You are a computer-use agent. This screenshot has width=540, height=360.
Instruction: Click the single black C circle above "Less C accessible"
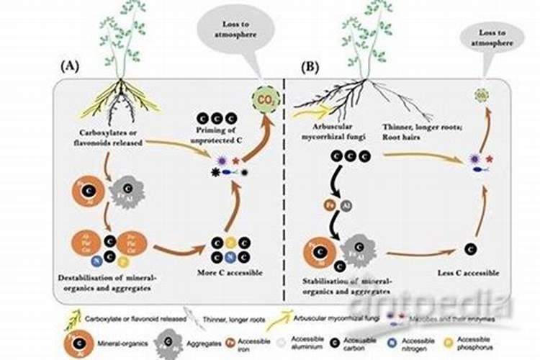(x=470, y=249)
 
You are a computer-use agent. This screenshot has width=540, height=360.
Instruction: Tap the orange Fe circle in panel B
(x=326, y=204)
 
